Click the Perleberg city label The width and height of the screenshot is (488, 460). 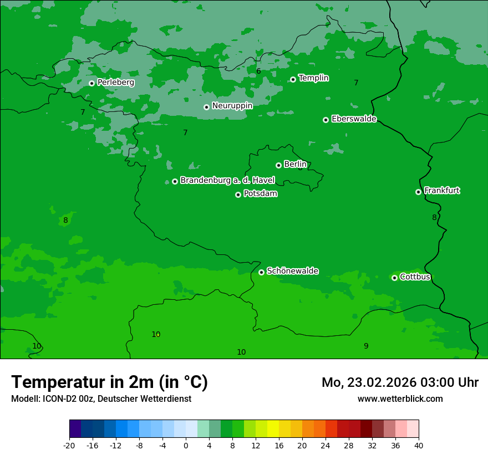[x=116, y=83]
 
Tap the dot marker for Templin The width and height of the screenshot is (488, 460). [x=293, y=79]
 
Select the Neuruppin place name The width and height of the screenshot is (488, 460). [x=232, y=106]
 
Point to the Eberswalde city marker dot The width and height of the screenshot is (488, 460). [x=326, y=120]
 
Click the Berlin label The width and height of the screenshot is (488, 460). [x=295, y=164]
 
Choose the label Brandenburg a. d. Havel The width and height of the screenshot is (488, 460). [x=227, y=181]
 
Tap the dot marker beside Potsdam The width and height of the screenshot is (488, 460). [x=238, y=195]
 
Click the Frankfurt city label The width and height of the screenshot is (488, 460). [x=442, y=191]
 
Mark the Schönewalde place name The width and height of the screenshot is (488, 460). [x=292, y=271]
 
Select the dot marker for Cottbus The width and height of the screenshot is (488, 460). [x=394, y=278]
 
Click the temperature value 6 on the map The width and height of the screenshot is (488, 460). [x=258, y=71]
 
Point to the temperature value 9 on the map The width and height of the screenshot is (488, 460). [x=366, y=346]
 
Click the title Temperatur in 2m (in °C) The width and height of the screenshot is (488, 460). [x=110, y=382]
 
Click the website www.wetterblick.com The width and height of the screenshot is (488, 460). [x=400, y=398]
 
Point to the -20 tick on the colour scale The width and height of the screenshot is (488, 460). [x=69, y=445]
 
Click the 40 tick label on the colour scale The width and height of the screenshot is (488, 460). [x=419, y=445]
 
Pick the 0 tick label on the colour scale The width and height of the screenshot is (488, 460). [x=186, y=445]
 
